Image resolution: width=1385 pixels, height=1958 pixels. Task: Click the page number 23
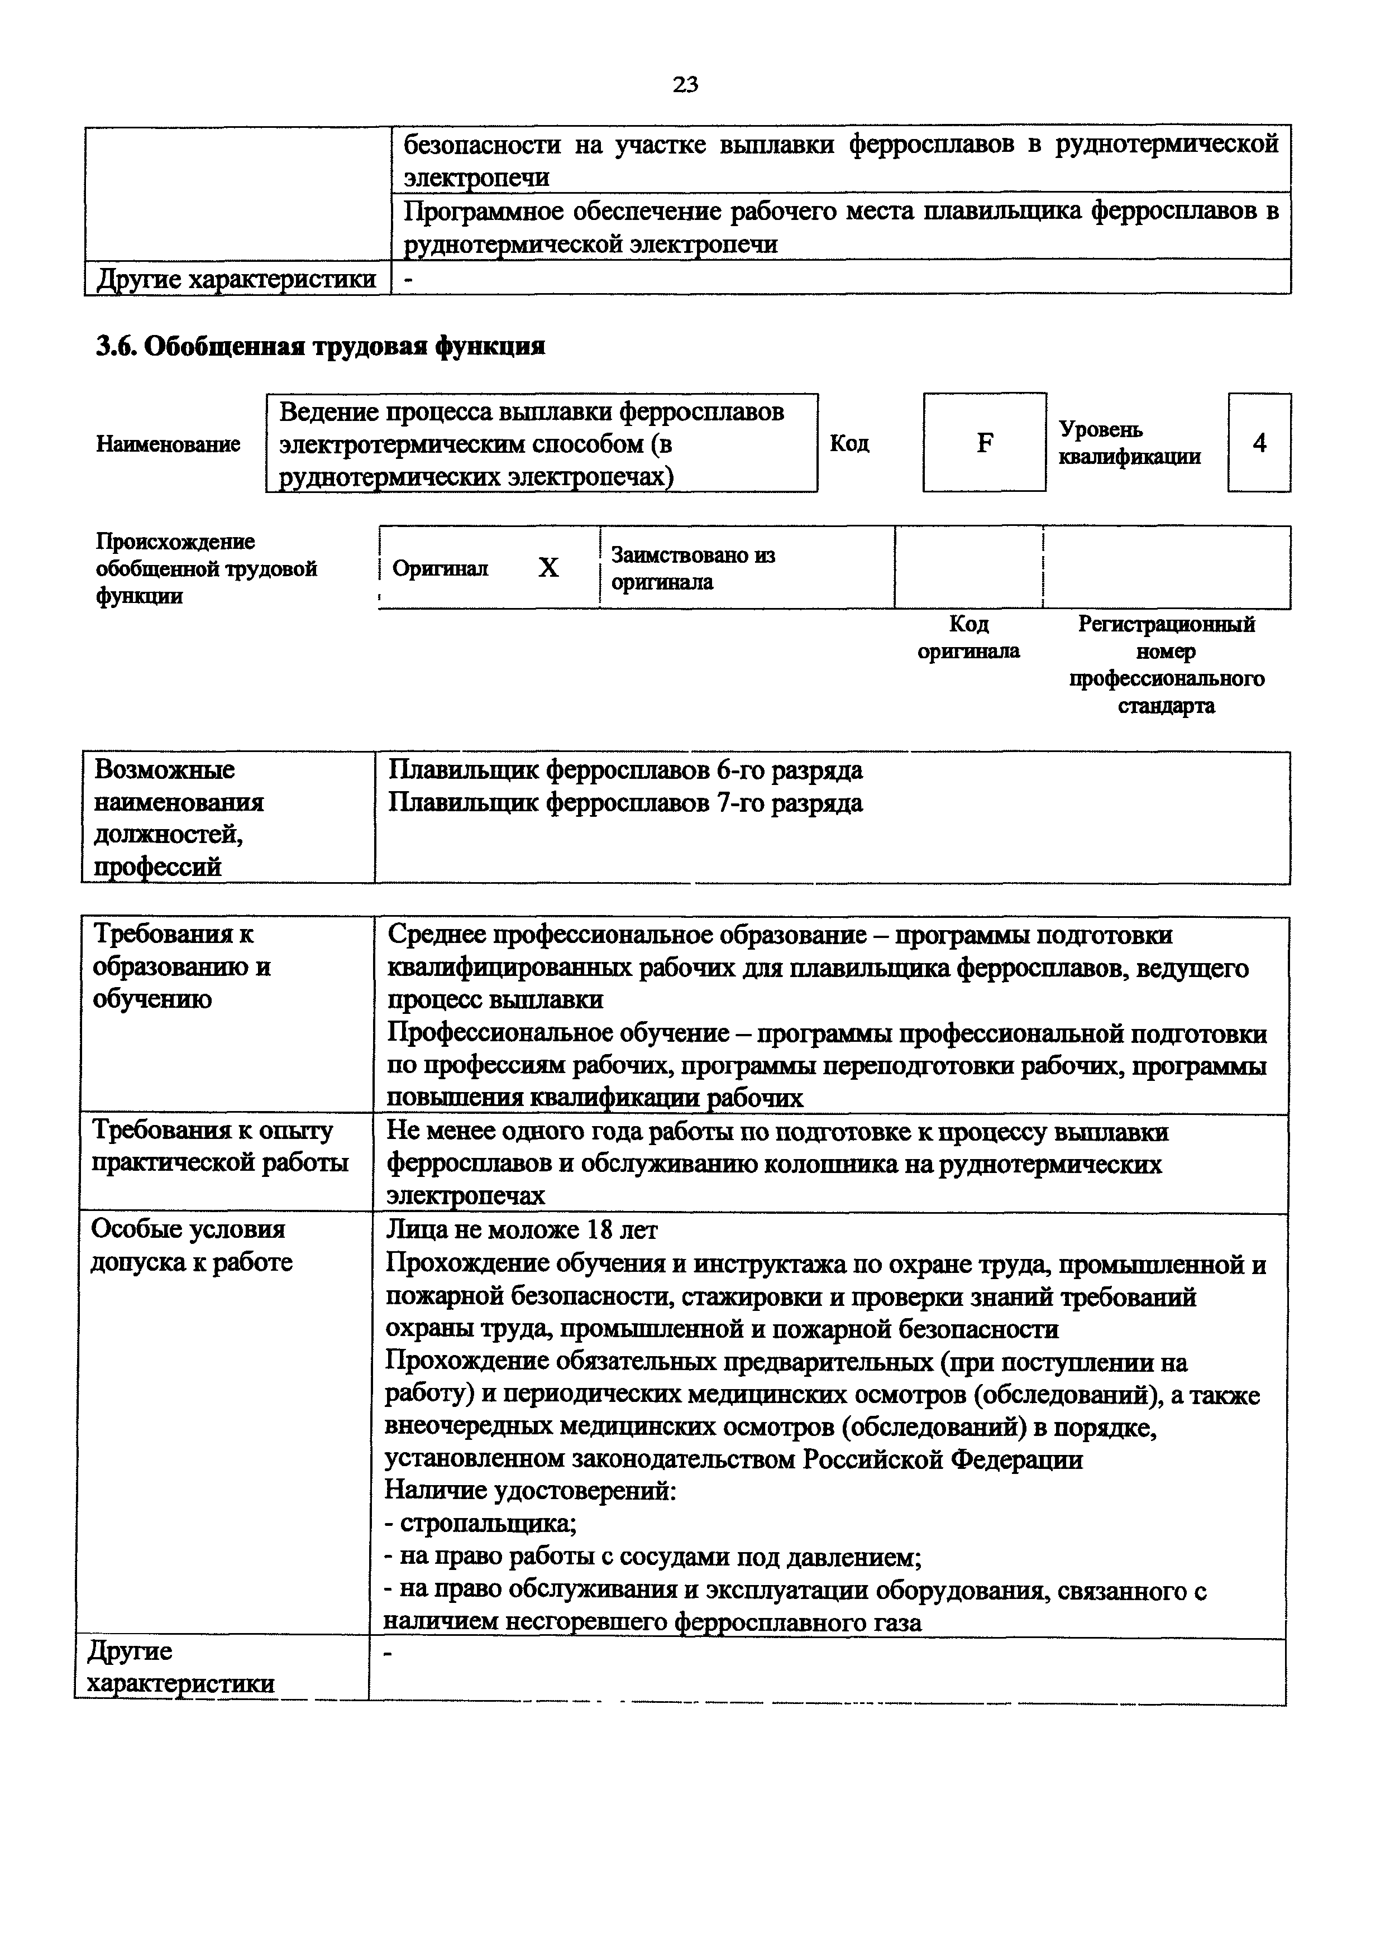coord(685,84)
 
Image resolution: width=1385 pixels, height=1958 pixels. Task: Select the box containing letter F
coord(984,443)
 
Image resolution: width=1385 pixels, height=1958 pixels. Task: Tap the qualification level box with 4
coord(1259,443)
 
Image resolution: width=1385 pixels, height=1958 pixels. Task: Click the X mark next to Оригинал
coord(548,568)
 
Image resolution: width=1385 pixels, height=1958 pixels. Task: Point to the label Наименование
coord(168,443)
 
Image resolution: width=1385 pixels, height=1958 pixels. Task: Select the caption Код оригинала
coord(969,637)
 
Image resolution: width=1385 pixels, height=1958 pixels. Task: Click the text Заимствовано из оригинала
coord(692,569)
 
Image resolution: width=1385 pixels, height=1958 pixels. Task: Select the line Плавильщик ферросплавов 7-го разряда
coord(625,803)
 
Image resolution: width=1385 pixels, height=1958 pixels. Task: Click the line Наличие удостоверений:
coord(531,1491)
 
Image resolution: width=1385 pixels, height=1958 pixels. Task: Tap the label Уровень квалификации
coord(1129,443)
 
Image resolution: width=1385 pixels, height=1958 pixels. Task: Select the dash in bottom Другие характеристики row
coord(389,1655)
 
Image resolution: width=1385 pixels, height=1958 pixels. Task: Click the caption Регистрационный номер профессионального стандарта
coord(1166,664)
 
